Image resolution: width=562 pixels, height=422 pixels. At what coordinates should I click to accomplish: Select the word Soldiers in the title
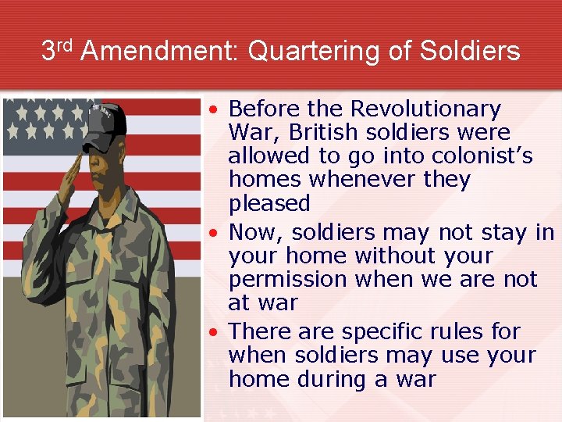(469, 52)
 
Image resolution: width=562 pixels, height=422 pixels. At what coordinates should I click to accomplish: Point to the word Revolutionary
(426, 109)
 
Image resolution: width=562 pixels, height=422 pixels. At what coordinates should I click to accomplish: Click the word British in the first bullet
(325, 132)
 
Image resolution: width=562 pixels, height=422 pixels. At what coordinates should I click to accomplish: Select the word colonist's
(480, 156)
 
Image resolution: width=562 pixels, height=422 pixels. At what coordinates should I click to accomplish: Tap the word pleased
(269, 203)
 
